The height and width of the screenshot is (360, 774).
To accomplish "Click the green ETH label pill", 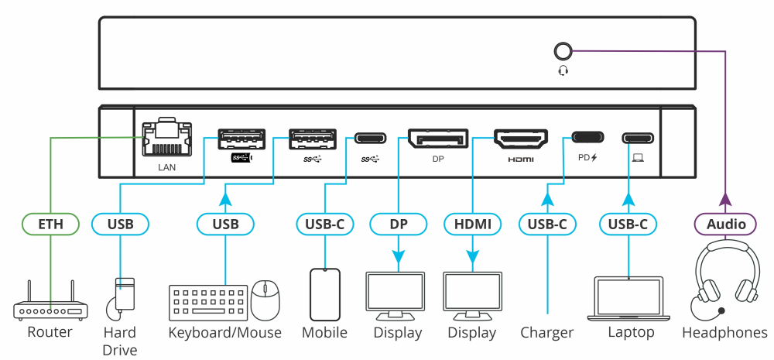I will click(x=50, y=225).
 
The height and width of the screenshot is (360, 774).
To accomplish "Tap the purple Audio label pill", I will click(x=726, y=225).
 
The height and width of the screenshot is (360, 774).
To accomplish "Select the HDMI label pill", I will click(x=472, y=225).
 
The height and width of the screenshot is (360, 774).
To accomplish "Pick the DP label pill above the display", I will click(x=399, y=225).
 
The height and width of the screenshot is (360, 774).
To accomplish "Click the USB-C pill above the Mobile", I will click(x=325, y=225).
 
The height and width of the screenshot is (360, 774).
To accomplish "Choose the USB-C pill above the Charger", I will click(x=547, y=225).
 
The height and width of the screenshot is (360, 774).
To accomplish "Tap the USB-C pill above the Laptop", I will click(x=628, y=225).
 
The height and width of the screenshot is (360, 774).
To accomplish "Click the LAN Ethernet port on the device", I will click(x=166, y=137).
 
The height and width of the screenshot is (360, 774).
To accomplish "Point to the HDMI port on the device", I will click(x=521, y=139).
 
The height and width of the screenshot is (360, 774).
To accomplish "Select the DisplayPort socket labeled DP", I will click(x=437, y=139).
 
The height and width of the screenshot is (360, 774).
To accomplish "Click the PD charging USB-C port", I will click(x=587, y=138).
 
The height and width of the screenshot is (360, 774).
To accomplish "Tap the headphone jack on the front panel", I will click(x=563, y=52).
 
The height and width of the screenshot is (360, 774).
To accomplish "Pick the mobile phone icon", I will click(x=325, y=294).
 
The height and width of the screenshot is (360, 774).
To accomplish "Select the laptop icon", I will click(x=628, y=299).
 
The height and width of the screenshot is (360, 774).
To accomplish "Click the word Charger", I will click(x=547, y=333).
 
